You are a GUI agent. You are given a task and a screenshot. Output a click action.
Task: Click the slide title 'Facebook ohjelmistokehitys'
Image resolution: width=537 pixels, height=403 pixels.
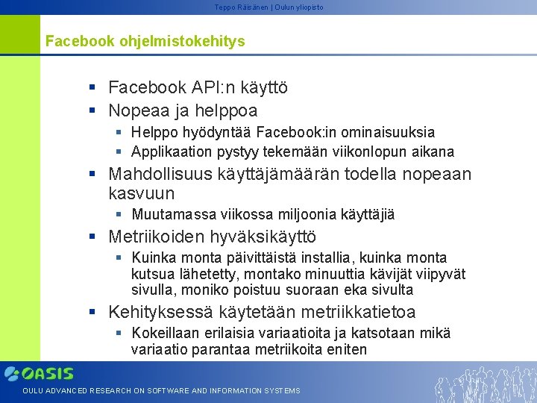point(145,41)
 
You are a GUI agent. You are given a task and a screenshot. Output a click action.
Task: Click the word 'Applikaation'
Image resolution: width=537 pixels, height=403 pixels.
point(172,152)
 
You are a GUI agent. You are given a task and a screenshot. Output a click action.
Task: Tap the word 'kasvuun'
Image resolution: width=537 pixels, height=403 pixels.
point(142,194)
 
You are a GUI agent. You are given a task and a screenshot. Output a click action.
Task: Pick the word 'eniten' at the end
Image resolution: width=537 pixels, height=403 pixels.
point(345,349)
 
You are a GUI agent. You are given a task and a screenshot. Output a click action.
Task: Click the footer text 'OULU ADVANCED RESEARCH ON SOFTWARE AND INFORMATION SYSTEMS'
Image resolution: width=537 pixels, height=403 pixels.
point(161,391)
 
